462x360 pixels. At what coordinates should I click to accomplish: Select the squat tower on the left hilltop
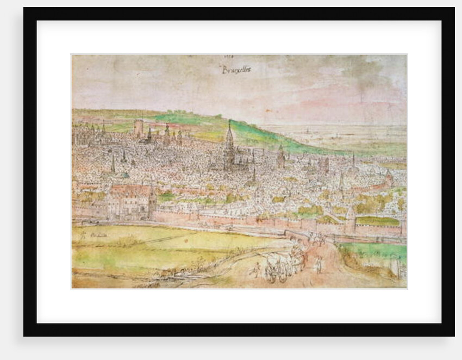(x=138, y=129)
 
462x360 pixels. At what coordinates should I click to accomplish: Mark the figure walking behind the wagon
(x=255, y=269)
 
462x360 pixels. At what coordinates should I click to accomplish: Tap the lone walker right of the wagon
(x=318, y=265)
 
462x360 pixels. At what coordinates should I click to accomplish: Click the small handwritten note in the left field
(x=90, y=235)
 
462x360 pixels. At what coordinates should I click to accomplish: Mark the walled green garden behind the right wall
(x=377, y=221)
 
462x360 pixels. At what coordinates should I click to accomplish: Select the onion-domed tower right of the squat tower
(x=167, y=132)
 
